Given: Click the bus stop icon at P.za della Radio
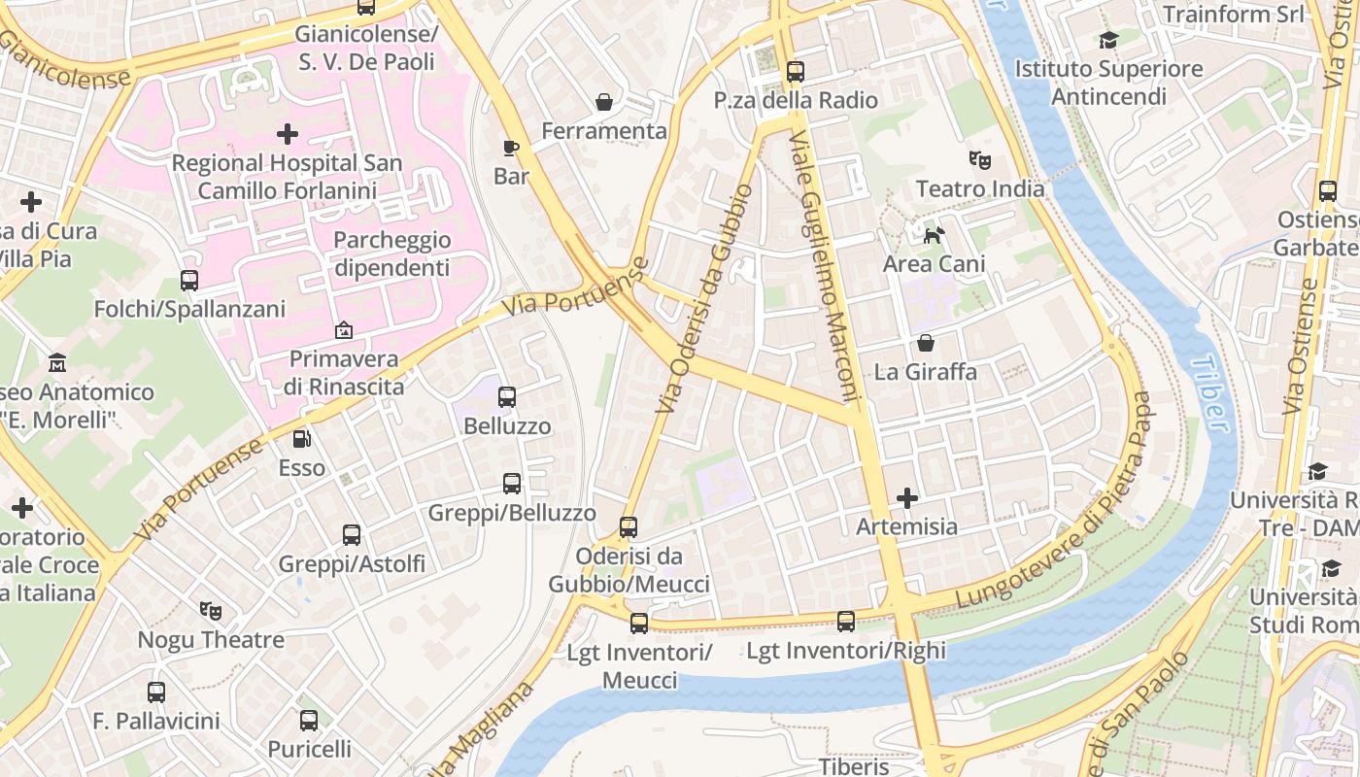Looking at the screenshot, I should point(795,71).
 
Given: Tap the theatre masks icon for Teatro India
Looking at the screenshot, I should point(979,159).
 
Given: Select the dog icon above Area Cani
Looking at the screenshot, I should point(934,234).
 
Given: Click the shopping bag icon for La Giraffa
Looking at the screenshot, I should point(926,343).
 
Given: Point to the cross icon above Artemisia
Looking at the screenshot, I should point(906,498).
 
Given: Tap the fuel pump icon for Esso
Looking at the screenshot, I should point(302,439).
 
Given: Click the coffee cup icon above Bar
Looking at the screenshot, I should point(511,148).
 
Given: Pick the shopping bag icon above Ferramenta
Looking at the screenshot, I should point(604,102).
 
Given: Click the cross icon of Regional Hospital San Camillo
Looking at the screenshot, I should point(287,134).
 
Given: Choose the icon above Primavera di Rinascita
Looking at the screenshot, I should point(343,330).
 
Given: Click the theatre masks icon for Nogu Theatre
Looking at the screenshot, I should point(210,611).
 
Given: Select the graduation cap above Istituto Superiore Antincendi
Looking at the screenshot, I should point(1108,40).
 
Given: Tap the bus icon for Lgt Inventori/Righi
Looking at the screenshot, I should point(846,622).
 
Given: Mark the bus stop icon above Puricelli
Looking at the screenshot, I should point(309,721).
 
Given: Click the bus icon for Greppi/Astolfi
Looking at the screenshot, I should point(352,535).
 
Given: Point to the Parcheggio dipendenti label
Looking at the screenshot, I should point(391,253).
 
